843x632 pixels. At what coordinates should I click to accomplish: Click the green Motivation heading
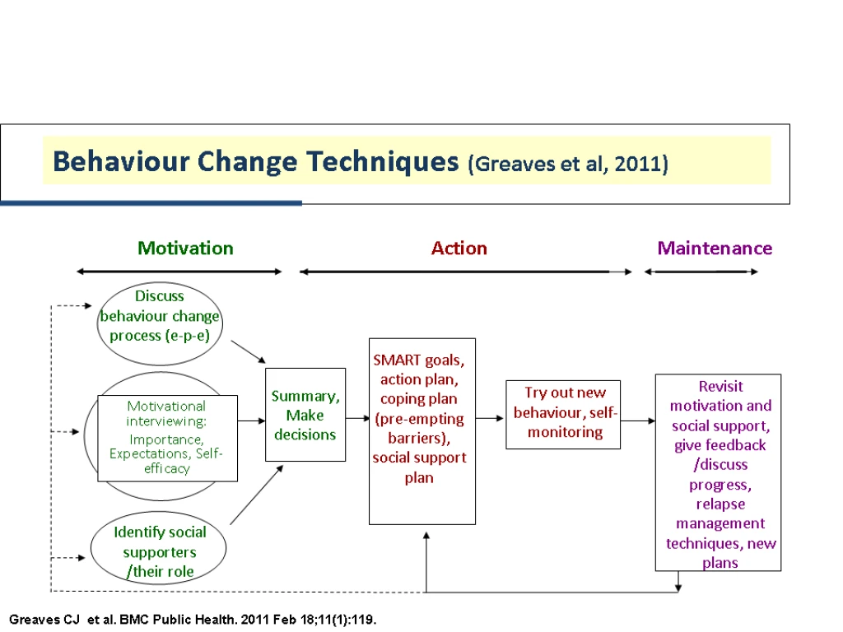185,249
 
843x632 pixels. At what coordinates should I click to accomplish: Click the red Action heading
459,249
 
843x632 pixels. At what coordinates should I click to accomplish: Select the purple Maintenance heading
715,249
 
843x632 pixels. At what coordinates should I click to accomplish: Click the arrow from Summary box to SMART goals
357,418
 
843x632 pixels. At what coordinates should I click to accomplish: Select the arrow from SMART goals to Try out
490,418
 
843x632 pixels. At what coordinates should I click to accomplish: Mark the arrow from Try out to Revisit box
638,421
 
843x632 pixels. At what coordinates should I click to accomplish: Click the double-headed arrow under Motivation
179,272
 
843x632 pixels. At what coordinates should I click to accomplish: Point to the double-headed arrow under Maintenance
701,272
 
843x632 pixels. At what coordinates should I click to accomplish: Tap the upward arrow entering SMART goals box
426,562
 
